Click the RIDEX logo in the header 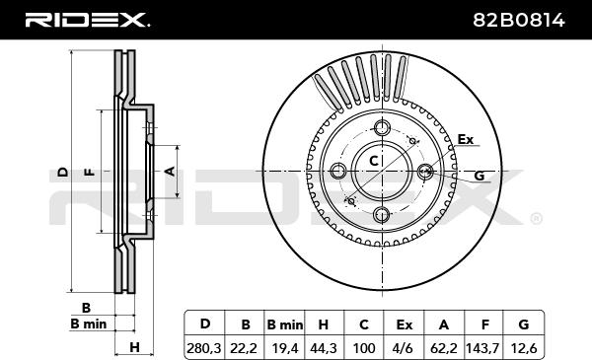[87, 20]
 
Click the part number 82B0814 [519, 20]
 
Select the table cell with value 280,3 [204, 347]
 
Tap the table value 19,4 [285, 347]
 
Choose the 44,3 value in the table [324, 347]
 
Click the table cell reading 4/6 [403, 347]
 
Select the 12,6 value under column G [523, 347]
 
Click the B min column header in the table [285, 324]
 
